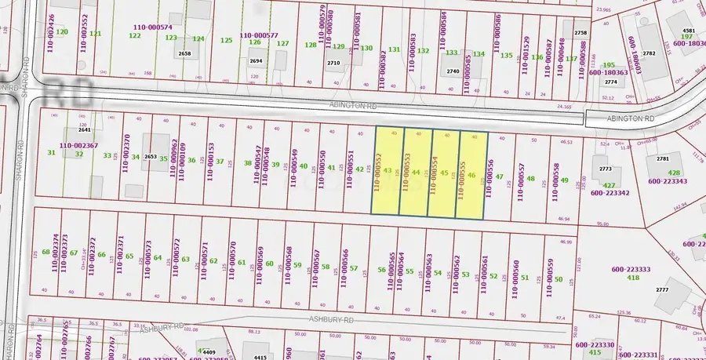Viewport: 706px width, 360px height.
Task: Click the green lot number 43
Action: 388,170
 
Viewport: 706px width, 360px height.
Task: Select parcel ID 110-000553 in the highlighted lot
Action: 406,172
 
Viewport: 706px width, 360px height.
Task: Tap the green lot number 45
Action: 445,173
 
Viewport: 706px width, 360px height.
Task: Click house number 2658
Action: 185,53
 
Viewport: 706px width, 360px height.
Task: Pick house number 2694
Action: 256,60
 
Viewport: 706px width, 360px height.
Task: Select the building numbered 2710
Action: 333,63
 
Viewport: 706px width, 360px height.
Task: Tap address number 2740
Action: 453,71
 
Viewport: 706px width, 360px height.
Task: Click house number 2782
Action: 649,53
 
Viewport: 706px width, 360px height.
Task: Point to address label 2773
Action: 606,169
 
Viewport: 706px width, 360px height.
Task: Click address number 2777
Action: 662,290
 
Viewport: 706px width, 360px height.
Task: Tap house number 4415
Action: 261,358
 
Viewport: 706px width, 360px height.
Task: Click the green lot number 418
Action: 632,278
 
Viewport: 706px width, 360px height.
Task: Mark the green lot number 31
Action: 51,152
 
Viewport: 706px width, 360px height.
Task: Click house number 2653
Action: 151,157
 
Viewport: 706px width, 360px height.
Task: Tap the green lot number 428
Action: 674,173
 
